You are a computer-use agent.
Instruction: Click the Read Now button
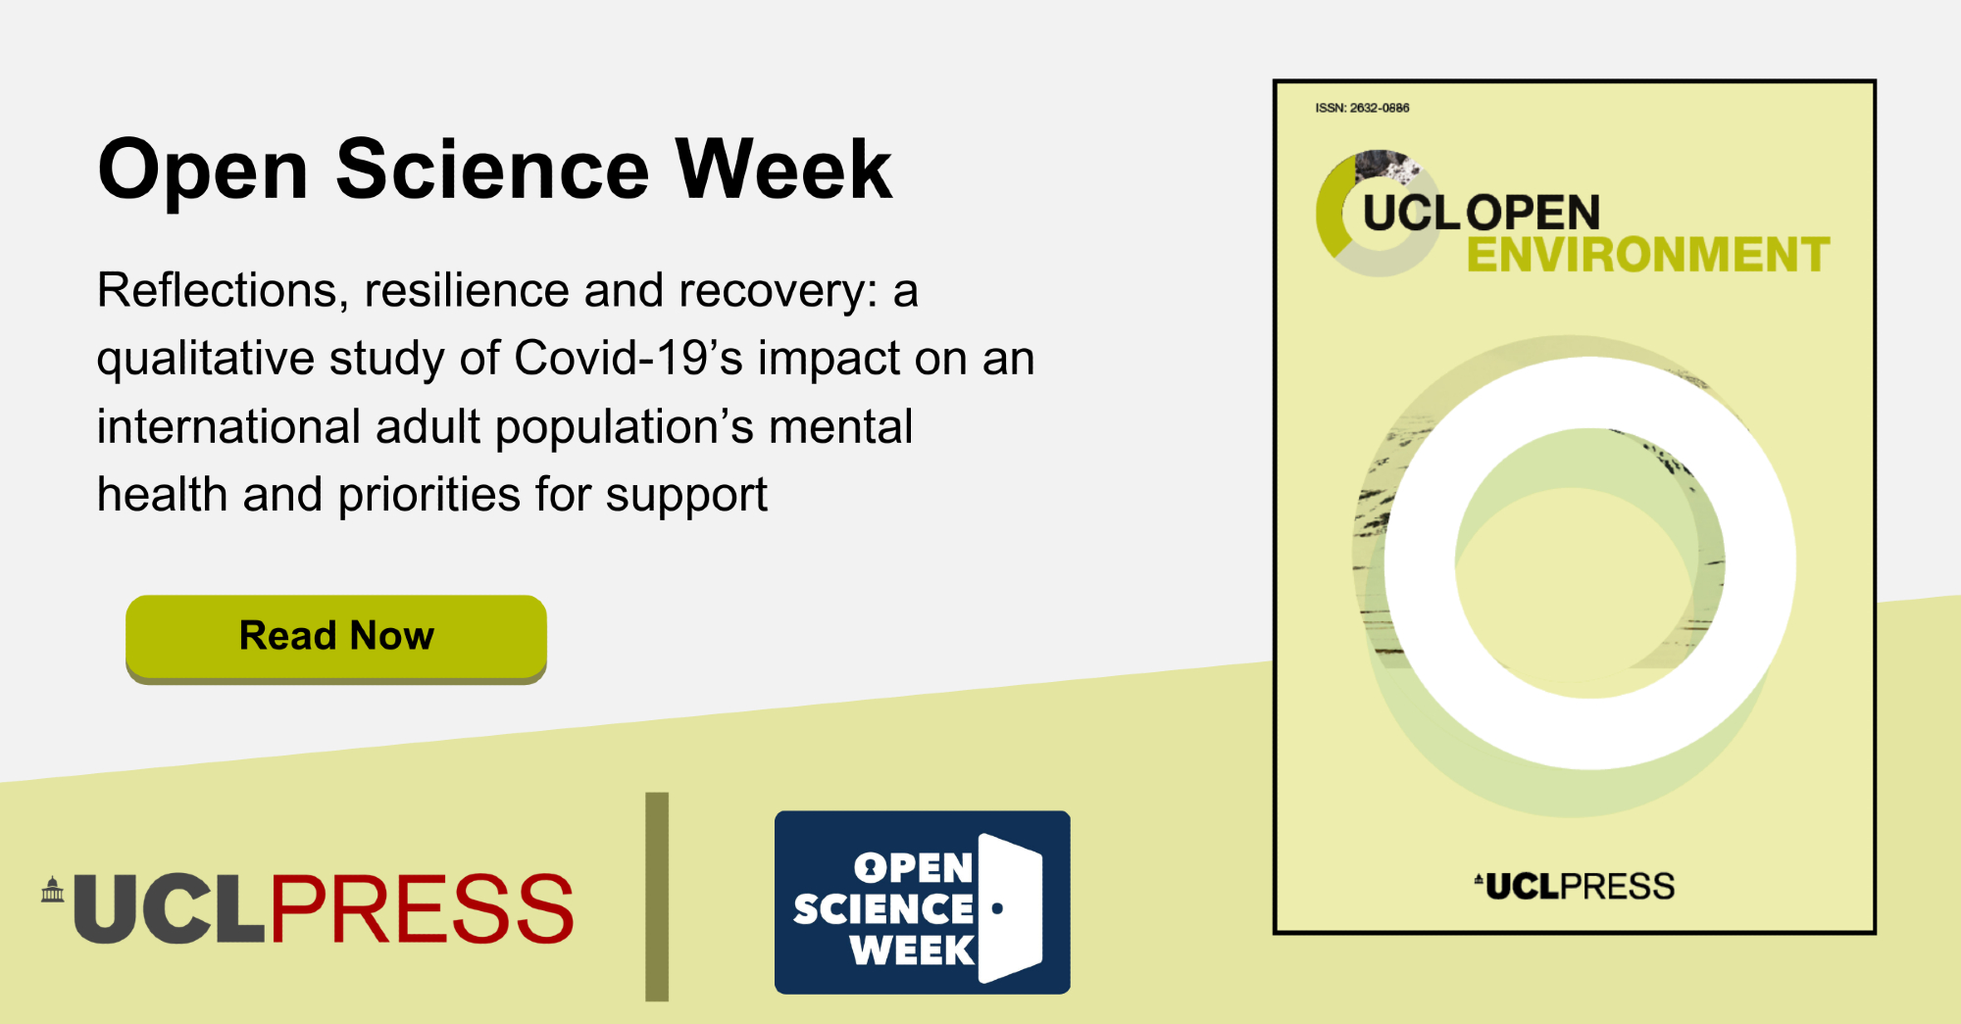(x=336, y=638)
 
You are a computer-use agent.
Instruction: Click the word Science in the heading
(x=492, y=170)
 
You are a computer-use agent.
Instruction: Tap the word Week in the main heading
(x=784, y=170)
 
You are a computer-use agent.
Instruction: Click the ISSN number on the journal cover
(x=1362, y=108)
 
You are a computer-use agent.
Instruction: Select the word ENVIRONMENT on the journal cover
(x=1648, y=255)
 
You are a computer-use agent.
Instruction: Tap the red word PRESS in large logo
(x=422, y=908)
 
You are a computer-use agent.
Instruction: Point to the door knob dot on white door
(x=997, y=908)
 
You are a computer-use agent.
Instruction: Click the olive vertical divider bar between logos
(x=657, y=897)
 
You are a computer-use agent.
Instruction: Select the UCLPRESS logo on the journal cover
(x=1575, y=886)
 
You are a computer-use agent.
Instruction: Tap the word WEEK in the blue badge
(x=912, y=951)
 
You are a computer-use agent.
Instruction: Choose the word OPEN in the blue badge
(x=913, y=868)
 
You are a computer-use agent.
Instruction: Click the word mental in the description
(x=840, y=426)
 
